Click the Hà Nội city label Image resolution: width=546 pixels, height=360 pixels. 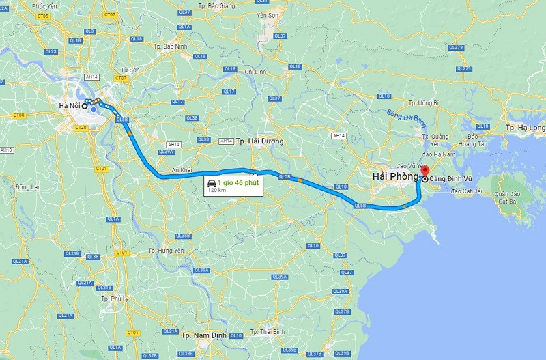tap(68, 105)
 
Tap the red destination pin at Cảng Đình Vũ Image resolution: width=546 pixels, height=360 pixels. tap(424, 170)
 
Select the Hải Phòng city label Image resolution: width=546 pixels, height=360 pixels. tap(394, 177)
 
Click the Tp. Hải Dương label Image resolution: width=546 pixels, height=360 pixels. tap(259, 141)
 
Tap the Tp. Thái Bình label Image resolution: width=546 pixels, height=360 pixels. tap(268, 331)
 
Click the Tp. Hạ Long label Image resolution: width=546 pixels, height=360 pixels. tap(526, 128)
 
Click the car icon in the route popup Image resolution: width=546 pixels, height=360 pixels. tap(212, 183)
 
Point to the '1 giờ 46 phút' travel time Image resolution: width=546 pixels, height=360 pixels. tap(238, 183)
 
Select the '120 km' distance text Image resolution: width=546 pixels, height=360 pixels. tap(216, 191)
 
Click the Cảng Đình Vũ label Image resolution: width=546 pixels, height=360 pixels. tap(450, 179)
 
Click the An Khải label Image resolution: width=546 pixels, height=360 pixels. tap(182, 169)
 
